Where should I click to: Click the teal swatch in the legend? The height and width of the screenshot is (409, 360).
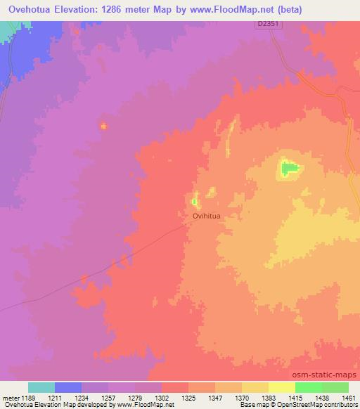coord(41,387)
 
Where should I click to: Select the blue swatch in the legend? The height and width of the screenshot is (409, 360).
coord(68,387)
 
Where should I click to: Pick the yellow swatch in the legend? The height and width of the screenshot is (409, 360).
coord(282,387)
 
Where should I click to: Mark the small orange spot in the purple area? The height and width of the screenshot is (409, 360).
coord(104,126)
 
